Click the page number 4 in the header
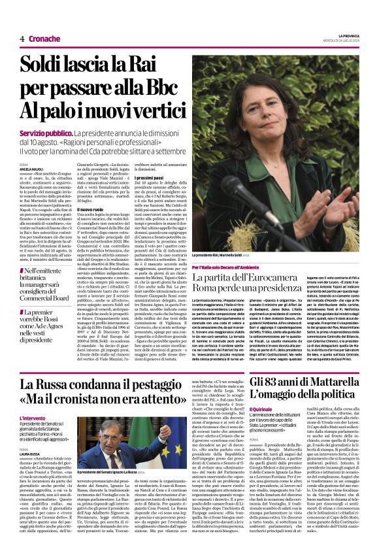(22, 39)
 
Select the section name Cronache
(44, 39)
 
